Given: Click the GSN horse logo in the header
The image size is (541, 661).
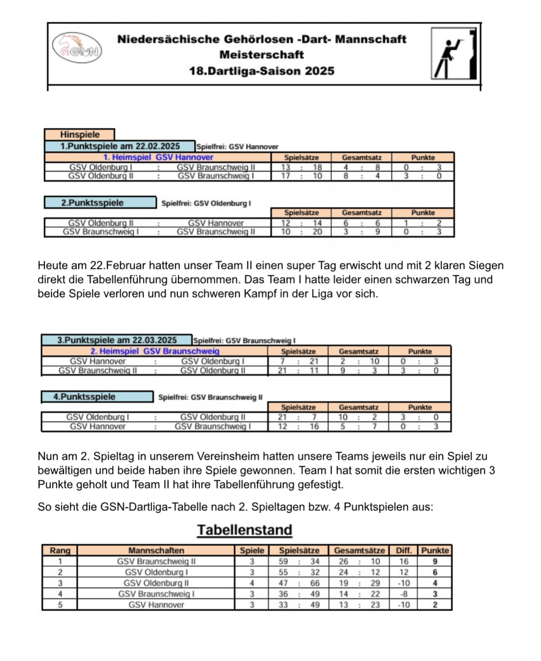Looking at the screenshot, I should (77, 48).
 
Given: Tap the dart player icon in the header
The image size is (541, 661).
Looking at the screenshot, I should (454, 54).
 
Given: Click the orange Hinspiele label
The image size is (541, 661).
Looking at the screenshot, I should (80, 134).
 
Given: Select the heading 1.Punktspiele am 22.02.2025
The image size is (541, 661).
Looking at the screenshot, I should (120, 146).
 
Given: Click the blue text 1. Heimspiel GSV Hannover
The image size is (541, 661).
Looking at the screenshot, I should (158, 157).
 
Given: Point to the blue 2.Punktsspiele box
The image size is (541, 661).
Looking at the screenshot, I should (100, 203).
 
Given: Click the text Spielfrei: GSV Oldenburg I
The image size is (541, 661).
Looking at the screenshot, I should (206, 203).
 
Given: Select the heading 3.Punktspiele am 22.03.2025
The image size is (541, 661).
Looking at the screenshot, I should (117, 340).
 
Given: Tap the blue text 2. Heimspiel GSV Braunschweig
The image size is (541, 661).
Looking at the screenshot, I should (155, 351).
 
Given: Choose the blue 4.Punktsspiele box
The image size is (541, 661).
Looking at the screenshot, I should (97, 396).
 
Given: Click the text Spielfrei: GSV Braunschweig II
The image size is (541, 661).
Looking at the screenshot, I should (210, 397).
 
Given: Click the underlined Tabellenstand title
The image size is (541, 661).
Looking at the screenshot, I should (245, 530).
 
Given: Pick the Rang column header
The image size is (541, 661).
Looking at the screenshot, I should (60, 550).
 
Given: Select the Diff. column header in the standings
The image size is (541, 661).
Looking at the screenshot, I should (403, 550).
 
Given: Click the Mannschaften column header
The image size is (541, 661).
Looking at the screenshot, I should (156, 550).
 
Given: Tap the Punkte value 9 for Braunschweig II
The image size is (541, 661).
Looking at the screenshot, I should (435, 561).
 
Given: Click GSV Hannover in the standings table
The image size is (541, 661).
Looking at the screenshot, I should (156, 605).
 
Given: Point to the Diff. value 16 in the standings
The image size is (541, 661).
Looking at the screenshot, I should (404, 561).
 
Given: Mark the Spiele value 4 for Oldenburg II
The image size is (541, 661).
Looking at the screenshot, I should (252, 583).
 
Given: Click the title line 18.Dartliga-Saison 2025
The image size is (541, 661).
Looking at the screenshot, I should (262, 71).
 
